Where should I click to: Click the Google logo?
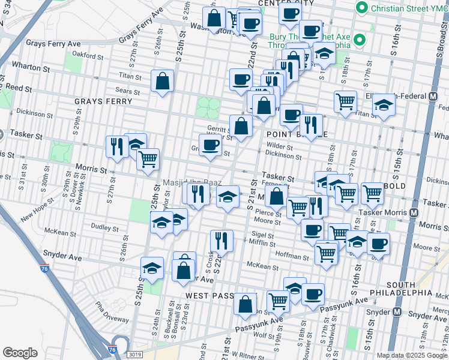coord(20,352)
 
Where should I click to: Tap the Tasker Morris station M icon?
coord(414,213)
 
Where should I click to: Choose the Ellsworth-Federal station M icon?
coord(433,96)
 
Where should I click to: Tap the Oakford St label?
coord(88,56)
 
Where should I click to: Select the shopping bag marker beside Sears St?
coord(162,81)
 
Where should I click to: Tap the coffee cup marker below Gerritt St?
coord(209,145)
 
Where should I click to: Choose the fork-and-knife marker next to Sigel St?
coord(221,240)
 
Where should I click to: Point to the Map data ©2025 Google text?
coord(412,355)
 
